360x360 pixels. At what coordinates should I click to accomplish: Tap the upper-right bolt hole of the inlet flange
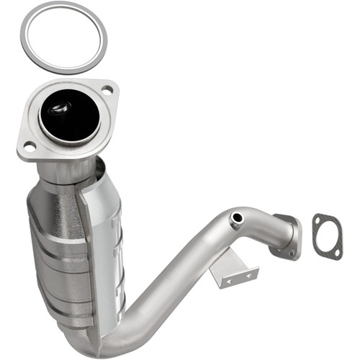(107, 89)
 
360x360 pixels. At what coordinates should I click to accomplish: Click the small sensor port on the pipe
(235, 217)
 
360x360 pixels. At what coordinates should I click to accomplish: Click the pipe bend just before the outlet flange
(266, 223)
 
